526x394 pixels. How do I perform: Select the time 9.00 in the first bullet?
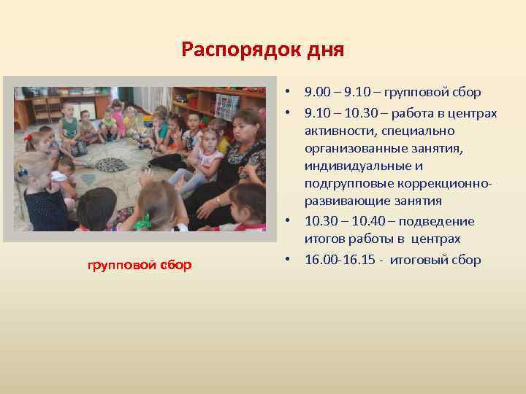pyautogui.click(x=319, y=93)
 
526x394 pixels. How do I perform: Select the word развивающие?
pyautogui.click(x=338, y=201)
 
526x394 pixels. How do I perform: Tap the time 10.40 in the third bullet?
pyautogui.click(x=372, y=221)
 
